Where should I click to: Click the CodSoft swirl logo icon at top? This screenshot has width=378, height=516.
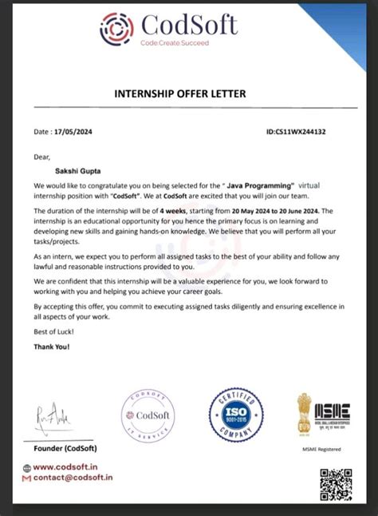tap(116, 29)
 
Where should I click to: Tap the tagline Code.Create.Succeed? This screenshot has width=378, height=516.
tap(175, 43)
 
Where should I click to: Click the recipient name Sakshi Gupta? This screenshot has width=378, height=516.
tap(77, 170)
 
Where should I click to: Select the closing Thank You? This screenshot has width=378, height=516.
tap(52, 347)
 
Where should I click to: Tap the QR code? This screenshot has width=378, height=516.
tap(336, 484)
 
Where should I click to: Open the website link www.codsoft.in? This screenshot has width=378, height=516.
tap(77, 467)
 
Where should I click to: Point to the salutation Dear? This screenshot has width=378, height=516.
tap(41, 157)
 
